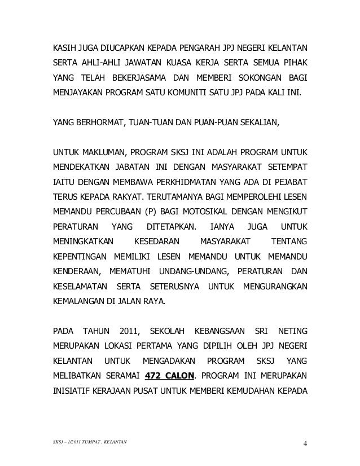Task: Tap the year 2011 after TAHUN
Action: (129, 328)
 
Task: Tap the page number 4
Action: (305, 449)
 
